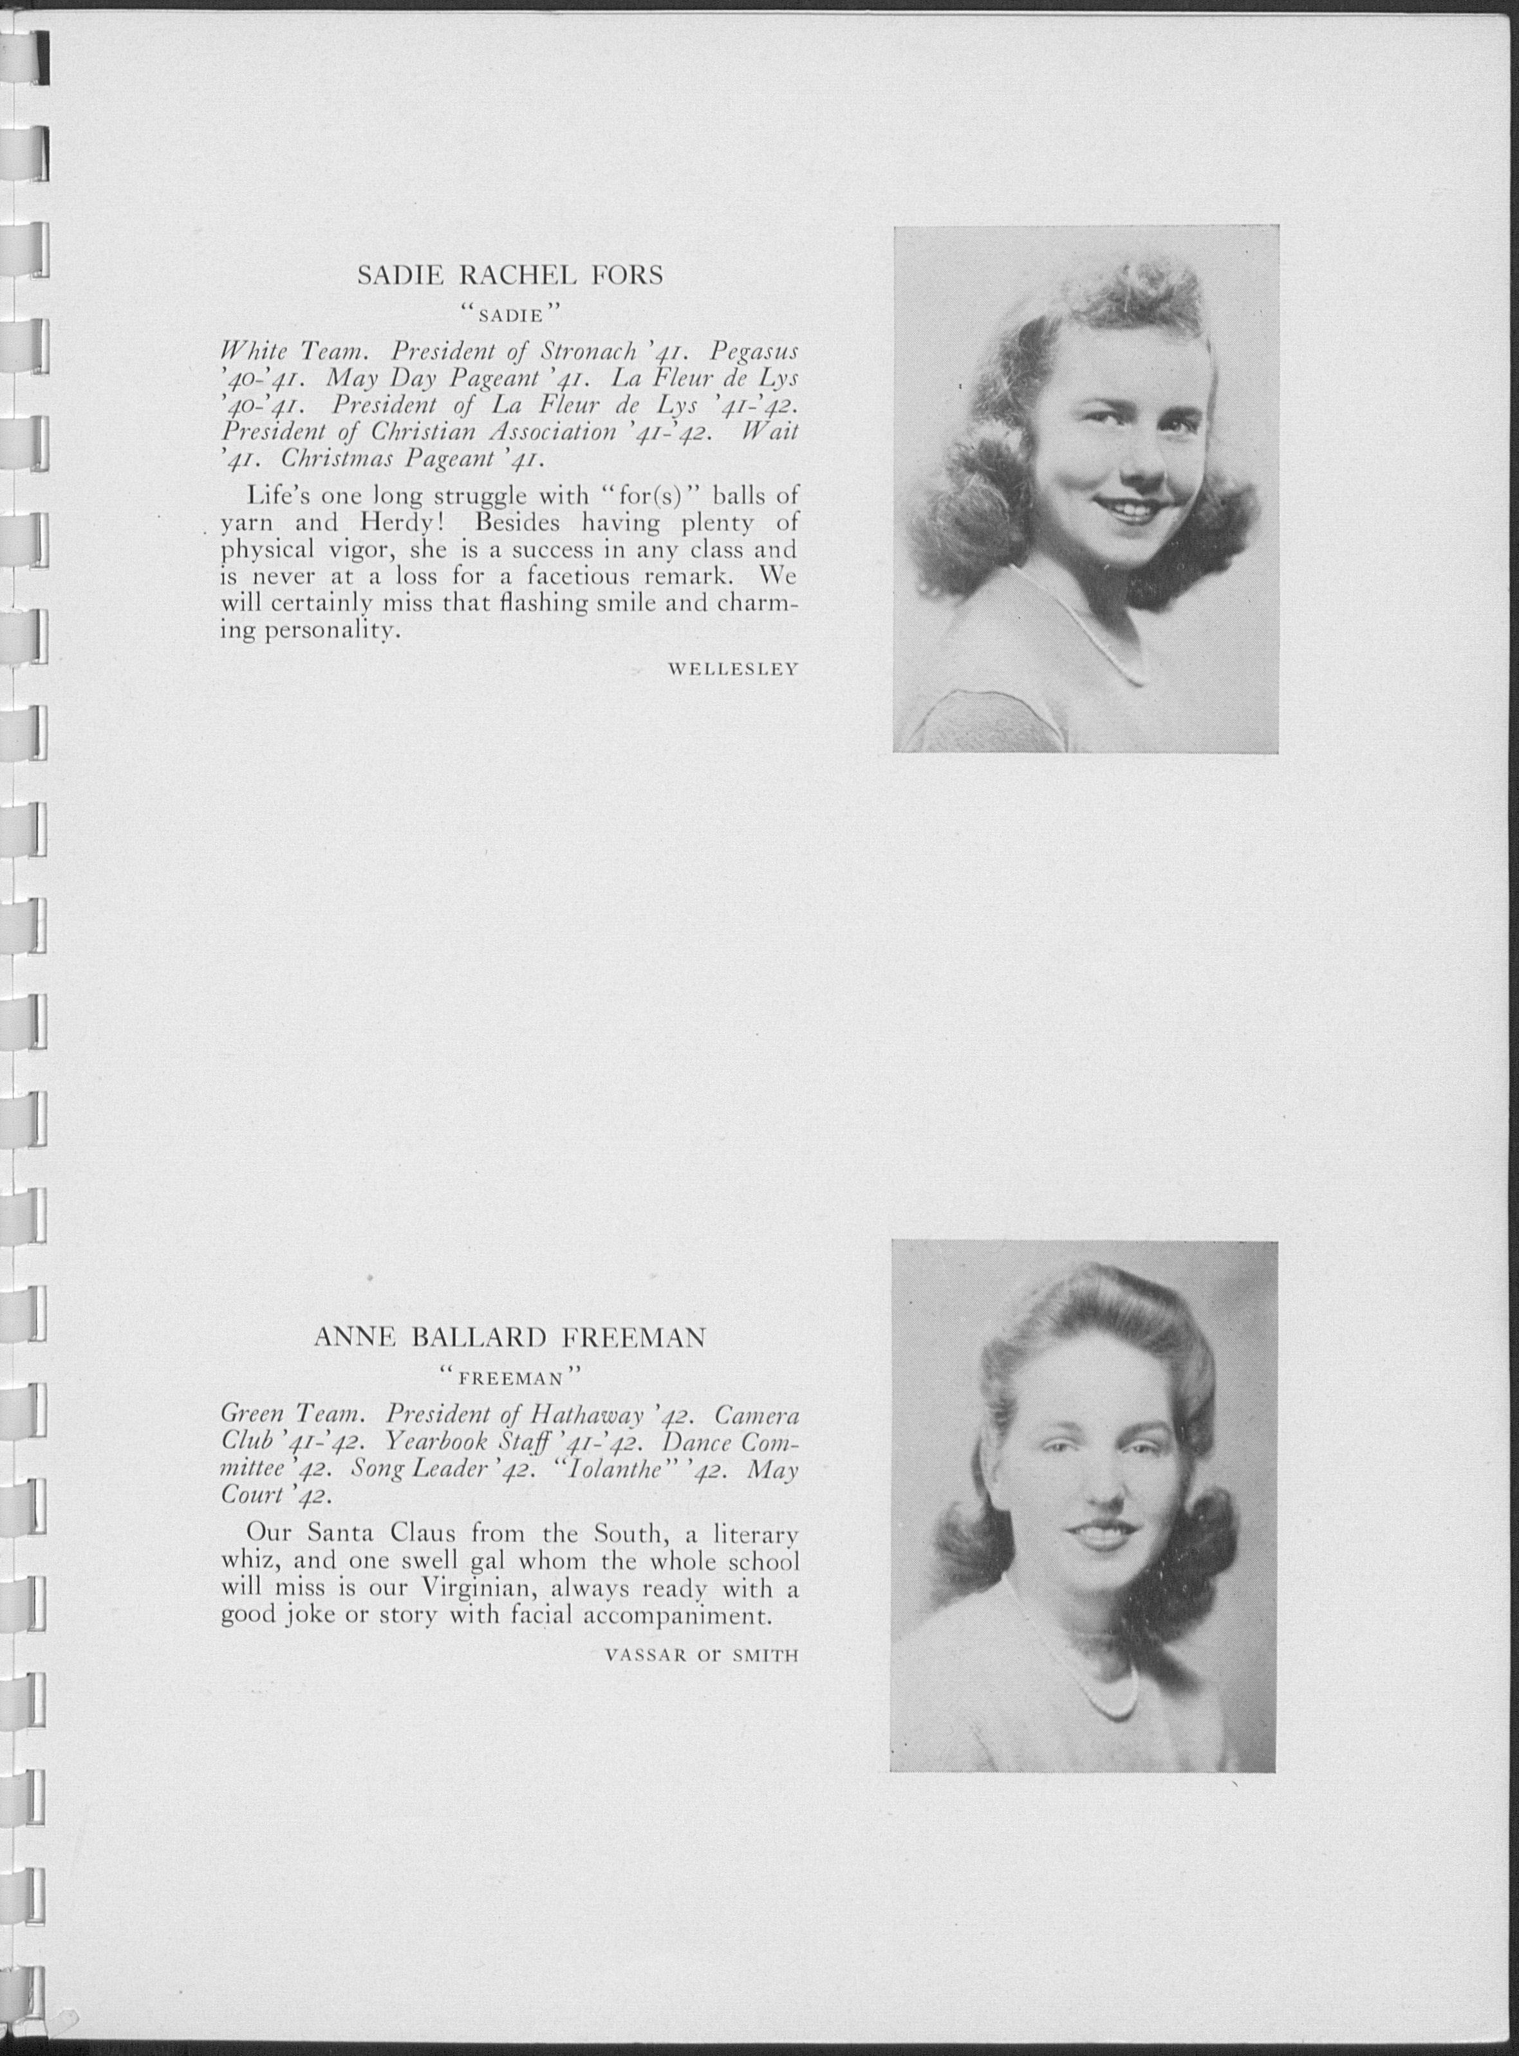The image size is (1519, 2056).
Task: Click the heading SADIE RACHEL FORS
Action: coord(509,276)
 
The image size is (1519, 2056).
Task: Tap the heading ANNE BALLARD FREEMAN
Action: coord(509,1337)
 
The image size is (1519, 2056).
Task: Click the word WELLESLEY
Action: coord(733,669)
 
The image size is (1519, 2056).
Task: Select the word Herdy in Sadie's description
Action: coord(410,523)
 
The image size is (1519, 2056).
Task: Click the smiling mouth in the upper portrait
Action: coord(1122,506)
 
